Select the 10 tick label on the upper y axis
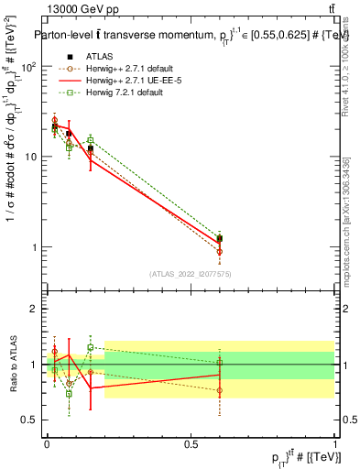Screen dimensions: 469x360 pos(31,158)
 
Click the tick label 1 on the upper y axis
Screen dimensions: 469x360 pos(35,247)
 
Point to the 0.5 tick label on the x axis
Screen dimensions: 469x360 pos(191,443)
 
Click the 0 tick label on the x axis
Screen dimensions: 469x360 pos(47,443)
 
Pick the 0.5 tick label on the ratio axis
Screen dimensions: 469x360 pos(31,420)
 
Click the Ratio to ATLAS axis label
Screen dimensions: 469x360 pos(12,365)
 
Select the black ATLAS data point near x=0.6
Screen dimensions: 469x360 pos(219,239)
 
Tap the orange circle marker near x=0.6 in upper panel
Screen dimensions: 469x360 pos(219,251)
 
